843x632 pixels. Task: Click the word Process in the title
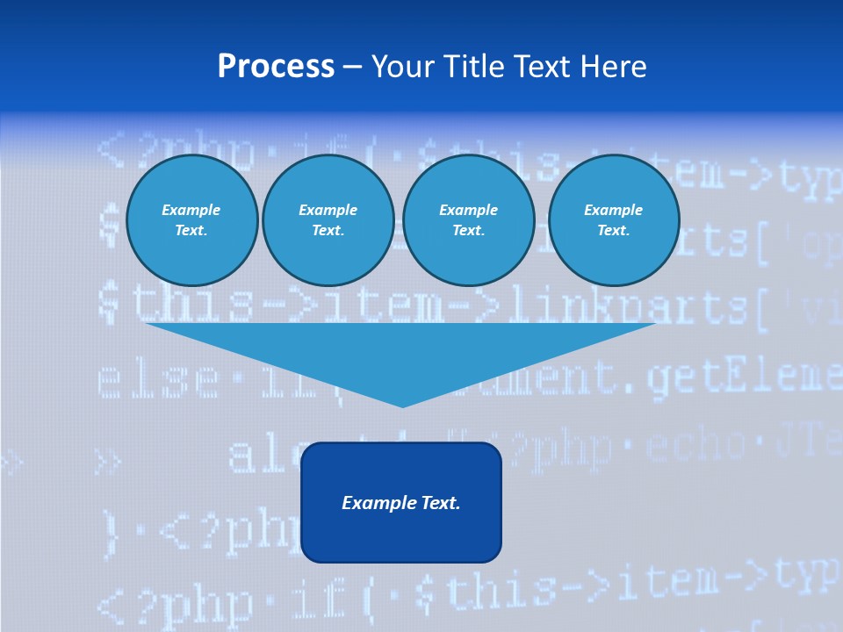click(x=276, y=67)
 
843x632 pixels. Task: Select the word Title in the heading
click(x=475, y=67)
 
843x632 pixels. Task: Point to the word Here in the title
click(x=611, y=67)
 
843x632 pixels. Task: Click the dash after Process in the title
click(x=352, y=68)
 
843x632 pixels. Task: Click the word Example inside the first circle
click(x=191, y=210)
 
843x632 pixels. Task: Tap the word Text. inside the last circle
click(x=613, y=231)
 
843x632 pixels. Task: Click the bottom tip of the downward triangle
click(x=402, y=406)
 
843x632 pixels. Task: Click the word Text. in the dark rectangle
click(x=440, y=503)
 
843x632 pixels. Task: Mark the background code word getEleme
click(x=742, y=378)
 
